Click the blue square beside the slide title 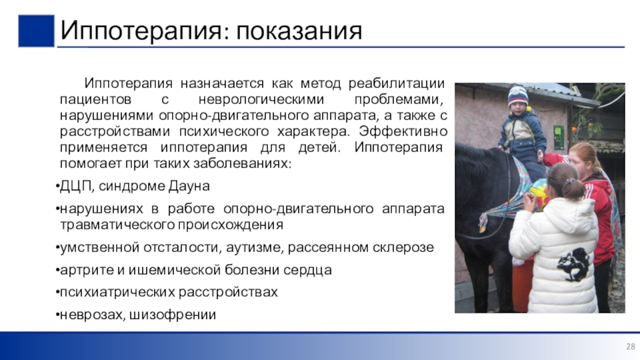[36, 31]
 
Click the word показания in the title [298, 30]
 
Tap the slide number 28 [630, 346]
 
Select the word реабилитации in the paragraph [396, 83]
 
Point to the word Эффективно [403, 131]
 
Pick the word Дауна [189, 186]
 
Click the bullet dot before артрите [57, 270]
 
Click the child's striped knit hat [518, 95]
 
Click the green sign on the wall [558, 137]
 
